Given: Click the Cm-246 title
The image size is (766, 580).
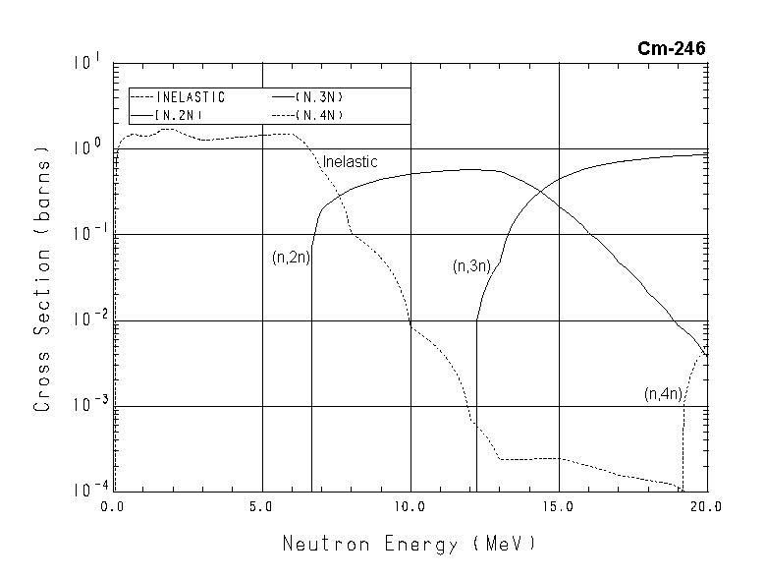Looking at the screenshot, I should pyautogui.click(x=671, y=49).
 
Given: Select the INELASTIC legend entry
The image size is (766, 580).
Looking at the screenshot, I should pyautogui.click(x=191, y=97).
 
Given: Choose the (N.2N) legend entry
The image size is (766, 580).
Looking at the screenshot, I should pyautogui.click(x=178, y=115).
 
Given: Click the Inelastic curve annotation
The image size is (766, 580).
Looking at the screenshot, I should pyautogui.click(x=351, y=161).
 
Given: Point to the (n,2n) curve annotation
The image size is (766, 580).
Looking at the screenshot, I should pyautogui.click(x=291, y=258).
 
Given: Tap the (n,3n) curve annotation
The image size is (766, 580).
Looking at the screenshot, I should pyautogui.click(x=471, y=265).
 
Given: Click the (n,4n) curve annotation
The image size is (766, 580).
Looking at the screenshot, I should pyautogui.click(x=663, y=394).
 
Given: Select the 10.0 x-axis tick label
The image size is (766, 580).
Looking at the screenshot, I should pyautogui.click(x=410, y=507).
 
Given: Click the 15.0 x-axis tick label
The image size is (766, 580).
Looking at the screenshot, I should pyautogui.click(x=558, y=507).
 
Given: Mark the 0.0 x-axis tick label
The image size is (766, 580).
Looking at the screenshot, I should pyautogui.click(x=111, y=507).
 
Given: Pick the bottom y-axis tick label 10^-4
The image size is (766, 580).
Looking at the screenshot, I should pyautogui.click(x=82, y=489).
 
